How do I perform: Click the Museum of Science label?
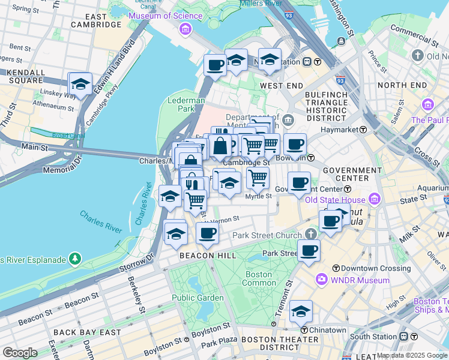tap(157, 16)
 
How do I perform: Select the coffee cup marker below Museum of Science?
tap(215, 65)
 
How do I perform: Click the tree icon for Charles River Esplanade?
tap(75, 259)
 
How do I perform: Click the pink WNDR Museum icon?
tap(321, 280)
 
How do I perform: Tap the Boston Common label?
tap(259, 278)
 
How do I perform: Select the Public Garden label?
tap(193, 298)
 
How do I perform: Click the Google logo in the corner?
tap(19, 353)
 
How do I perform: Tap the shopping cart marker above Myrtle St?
tap(258, 177)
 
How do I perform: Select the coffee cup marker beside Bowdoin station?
tap(295, 145)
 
